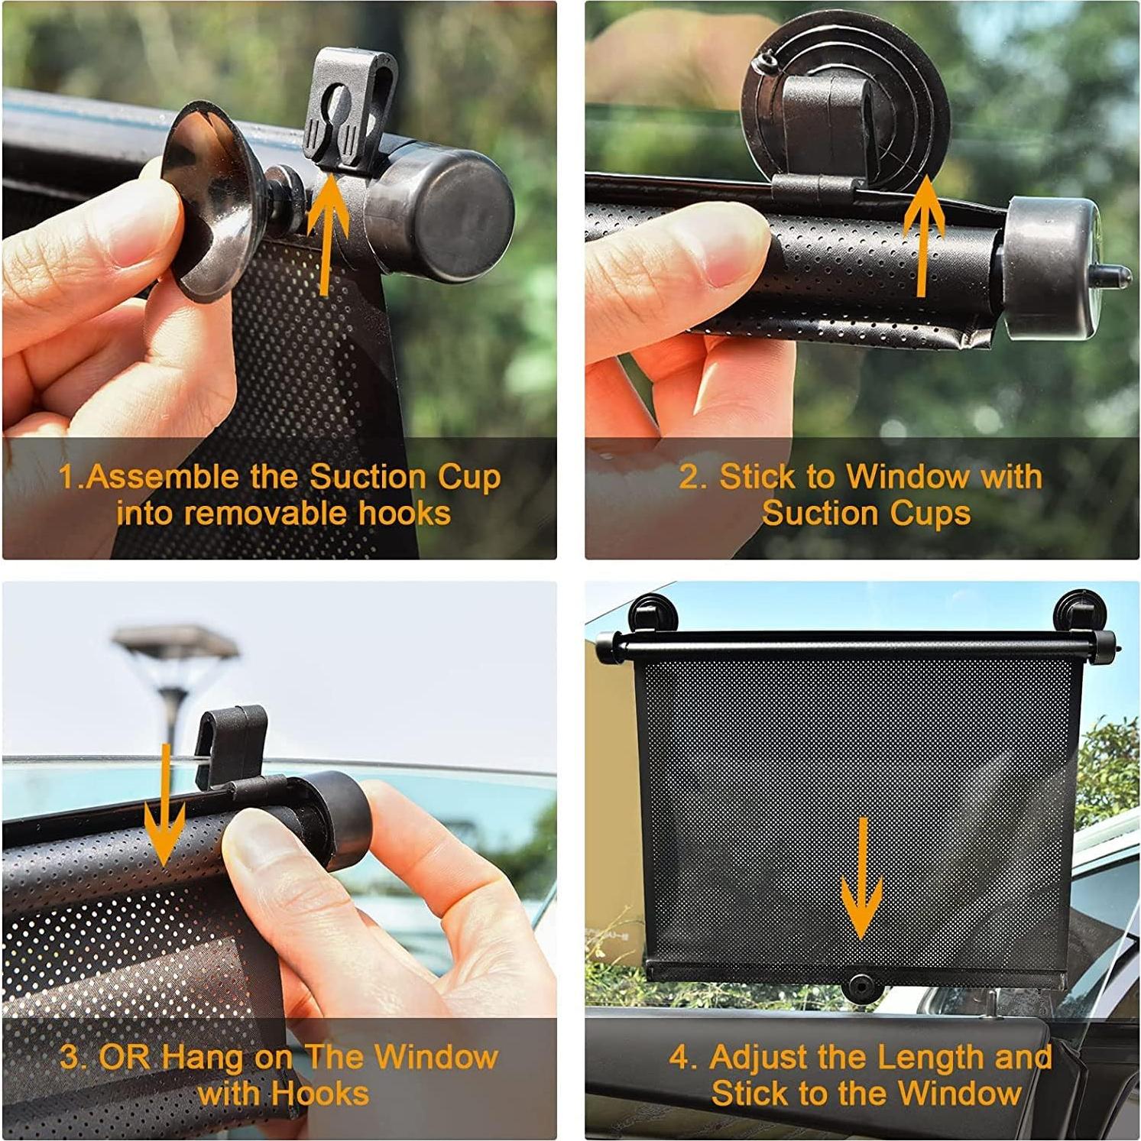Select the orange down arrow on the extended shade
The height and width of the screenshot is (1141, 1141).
point(861,879)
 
